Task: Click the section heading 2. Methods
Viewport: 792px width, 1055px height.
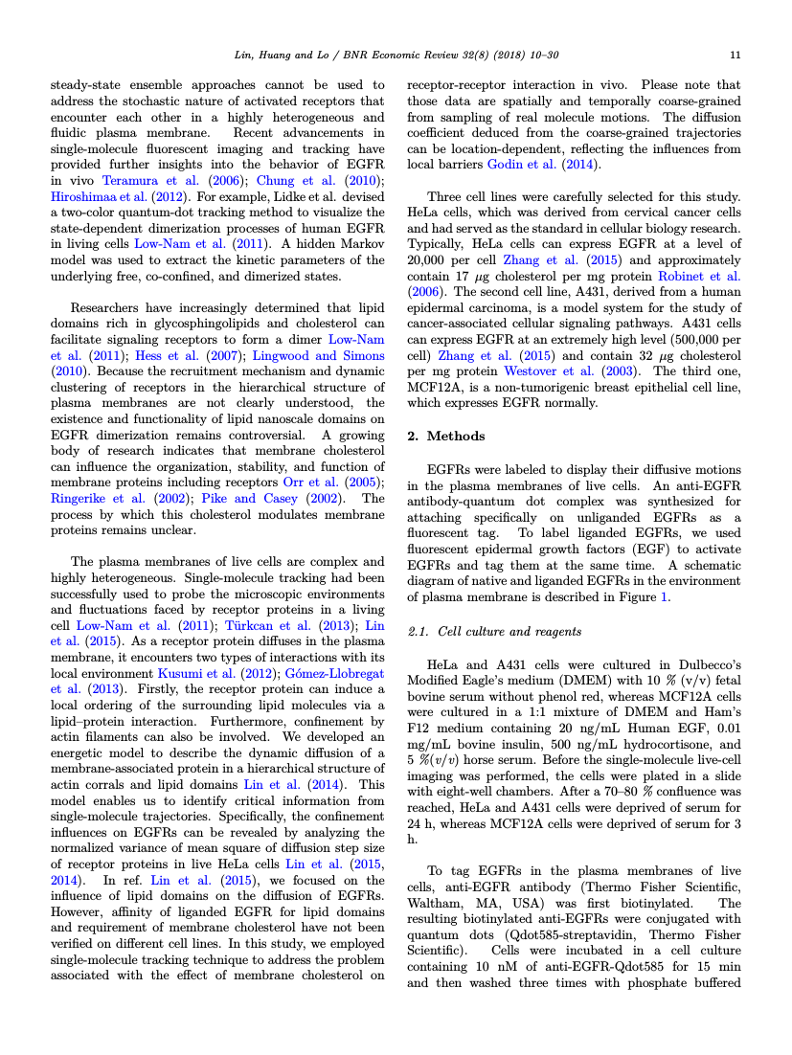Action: [x=446, y=436]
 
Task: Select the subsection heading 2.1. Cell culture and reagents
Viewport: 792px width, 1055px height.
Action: [x=494, y=632]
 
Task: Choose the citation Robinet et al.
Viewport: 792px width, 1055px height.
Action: [x=706, y=276]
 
